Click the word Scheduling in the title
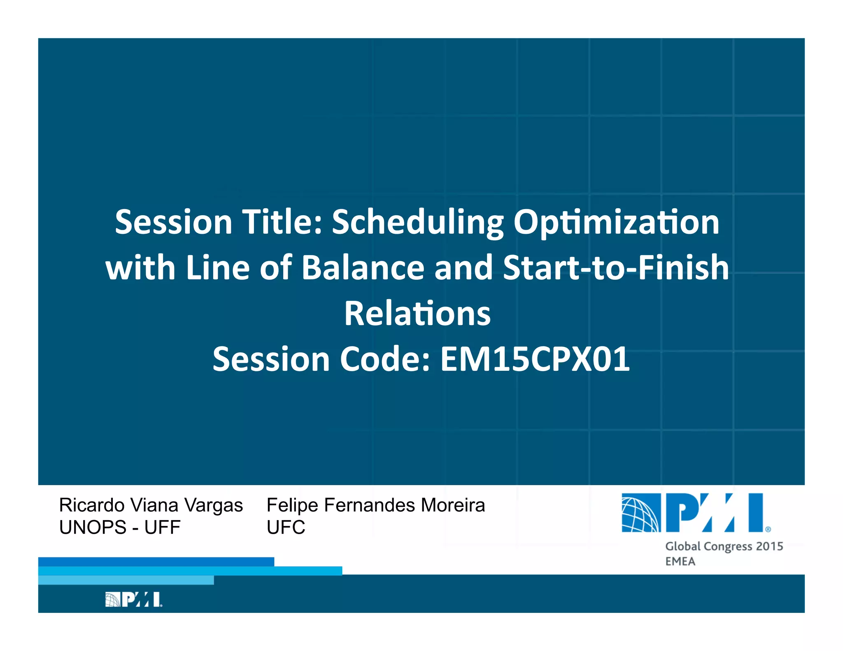417,223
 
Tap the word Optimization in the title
616,223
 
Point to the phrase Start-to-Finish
616,268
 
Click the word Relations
417,314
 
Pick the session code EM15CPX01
535,359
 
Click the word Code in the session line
384,359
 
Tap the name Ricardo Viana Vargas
151,505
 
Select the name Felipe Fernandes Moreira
375,505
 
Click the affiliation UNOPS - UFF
120,528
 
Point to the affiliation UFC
286,528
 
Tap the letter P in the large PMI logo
681,513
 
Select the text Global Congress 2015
724,546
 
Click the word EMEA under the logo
680,562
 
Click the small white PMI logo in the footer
133,600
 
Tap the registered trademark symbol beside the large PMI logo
768,530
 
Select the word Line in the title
218,268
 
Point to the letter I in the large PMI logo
756,513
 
